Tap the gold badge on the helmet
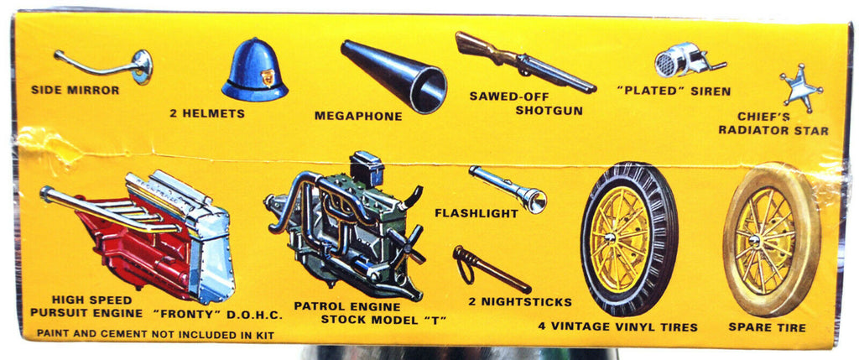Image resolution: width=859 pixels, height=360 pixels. click(268, 77)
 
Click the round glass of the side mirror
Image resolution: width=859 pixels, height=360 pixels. click(142, 67)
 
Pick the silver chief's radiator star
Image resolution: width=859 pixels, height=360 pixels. click(801, 88)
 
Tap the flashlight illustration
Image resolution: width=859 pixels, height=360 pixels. click(508, 189)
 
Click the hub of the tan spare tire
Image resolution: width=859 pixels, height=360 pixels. click(754, 241)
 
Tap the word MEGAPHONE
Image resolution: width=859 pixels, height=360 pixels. click(358, 116)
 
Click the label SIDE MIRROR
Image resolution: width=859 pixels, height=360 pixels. click(75, 90)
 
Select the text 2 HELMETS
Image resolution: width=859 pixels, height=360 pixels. click(207, 114)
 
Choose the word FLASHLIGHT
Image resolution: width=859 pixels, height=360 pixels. click(476, 213)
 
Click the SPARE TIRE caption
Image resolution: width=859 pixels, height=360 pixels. click(767, 327)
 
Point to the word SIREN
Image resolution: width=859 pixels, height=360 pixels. click(711, 91)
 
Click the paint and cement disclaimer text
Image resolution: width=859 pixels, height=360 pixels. click(155, 333)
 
